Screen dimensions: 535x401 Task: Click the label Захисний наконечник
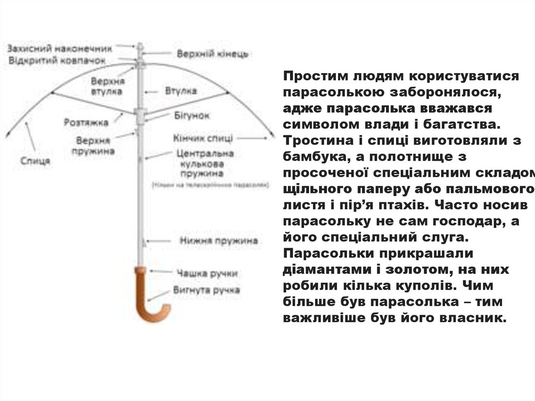pyautogui.click(x=60, y=49)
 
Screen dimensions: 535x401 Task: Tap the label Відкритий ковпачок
pyautogui.click(x=57, y=61)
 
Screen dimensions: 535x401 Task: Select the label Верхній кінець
pyautogui.click(x=212, y=54)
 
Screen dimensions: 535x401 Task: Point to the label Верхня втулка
pyautogui.click(x=107, y=86)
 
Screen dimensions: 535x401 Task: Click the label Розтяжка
pyautogui.click(x=86, y=122)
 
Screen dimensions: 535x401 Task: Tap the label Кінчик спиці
pyautogui.click(x=203, y=138)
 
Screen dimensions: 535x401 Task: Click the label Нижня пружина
pyautogui.click(x=219, y=241)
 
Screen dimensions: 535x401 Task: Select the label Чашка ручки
pyautogui.click(x=207, y=272)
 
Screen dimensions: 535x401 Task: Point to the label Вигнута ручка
pyautogui.click(x=207, y=290)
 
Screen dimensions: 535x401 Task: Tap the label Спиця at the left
pyautogui.click(x=36, y=161)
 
